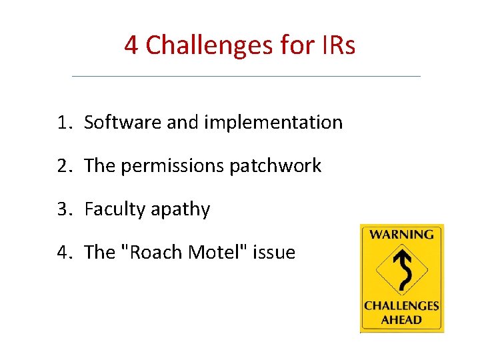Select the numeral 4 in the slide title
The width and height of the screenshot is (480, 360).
point(131,45)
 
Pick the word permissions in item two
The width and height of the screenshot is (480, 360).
point(173,167)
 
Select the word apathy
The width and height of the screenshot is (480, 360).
point(180,210)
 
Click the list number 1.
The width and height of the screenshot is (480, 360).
point(64,123)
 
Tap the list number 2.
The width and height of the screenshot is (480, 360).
point(64,166)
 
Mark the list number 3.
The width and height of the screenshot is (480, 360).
point(64,209)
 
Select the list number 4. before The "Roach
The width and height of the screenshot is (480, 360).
point(64,252)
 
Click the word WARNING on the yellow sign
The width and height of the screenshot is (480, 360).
point(401,235)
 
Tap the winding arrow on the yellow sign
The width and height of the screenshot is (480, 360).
point(401,270)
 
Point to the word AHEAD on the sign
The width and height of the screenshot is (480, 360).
point(401,319)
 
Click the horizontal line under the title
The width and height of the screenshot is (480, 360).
point(246,76)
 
